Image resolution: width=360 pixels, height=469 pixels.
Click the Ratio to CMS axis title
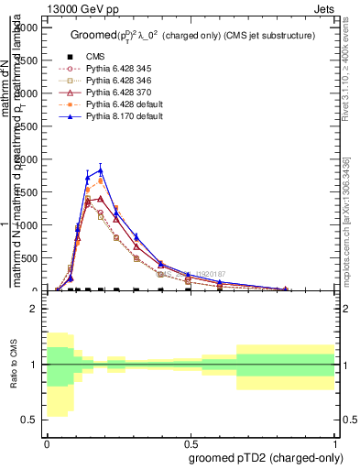[x=16, y=365]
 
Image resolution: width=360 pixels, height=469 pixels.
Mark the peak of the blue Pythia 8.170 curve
[x=101, y=169]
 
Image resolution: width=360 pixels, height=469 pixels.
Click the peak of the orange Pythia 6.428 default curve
[x=101, y=181]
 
